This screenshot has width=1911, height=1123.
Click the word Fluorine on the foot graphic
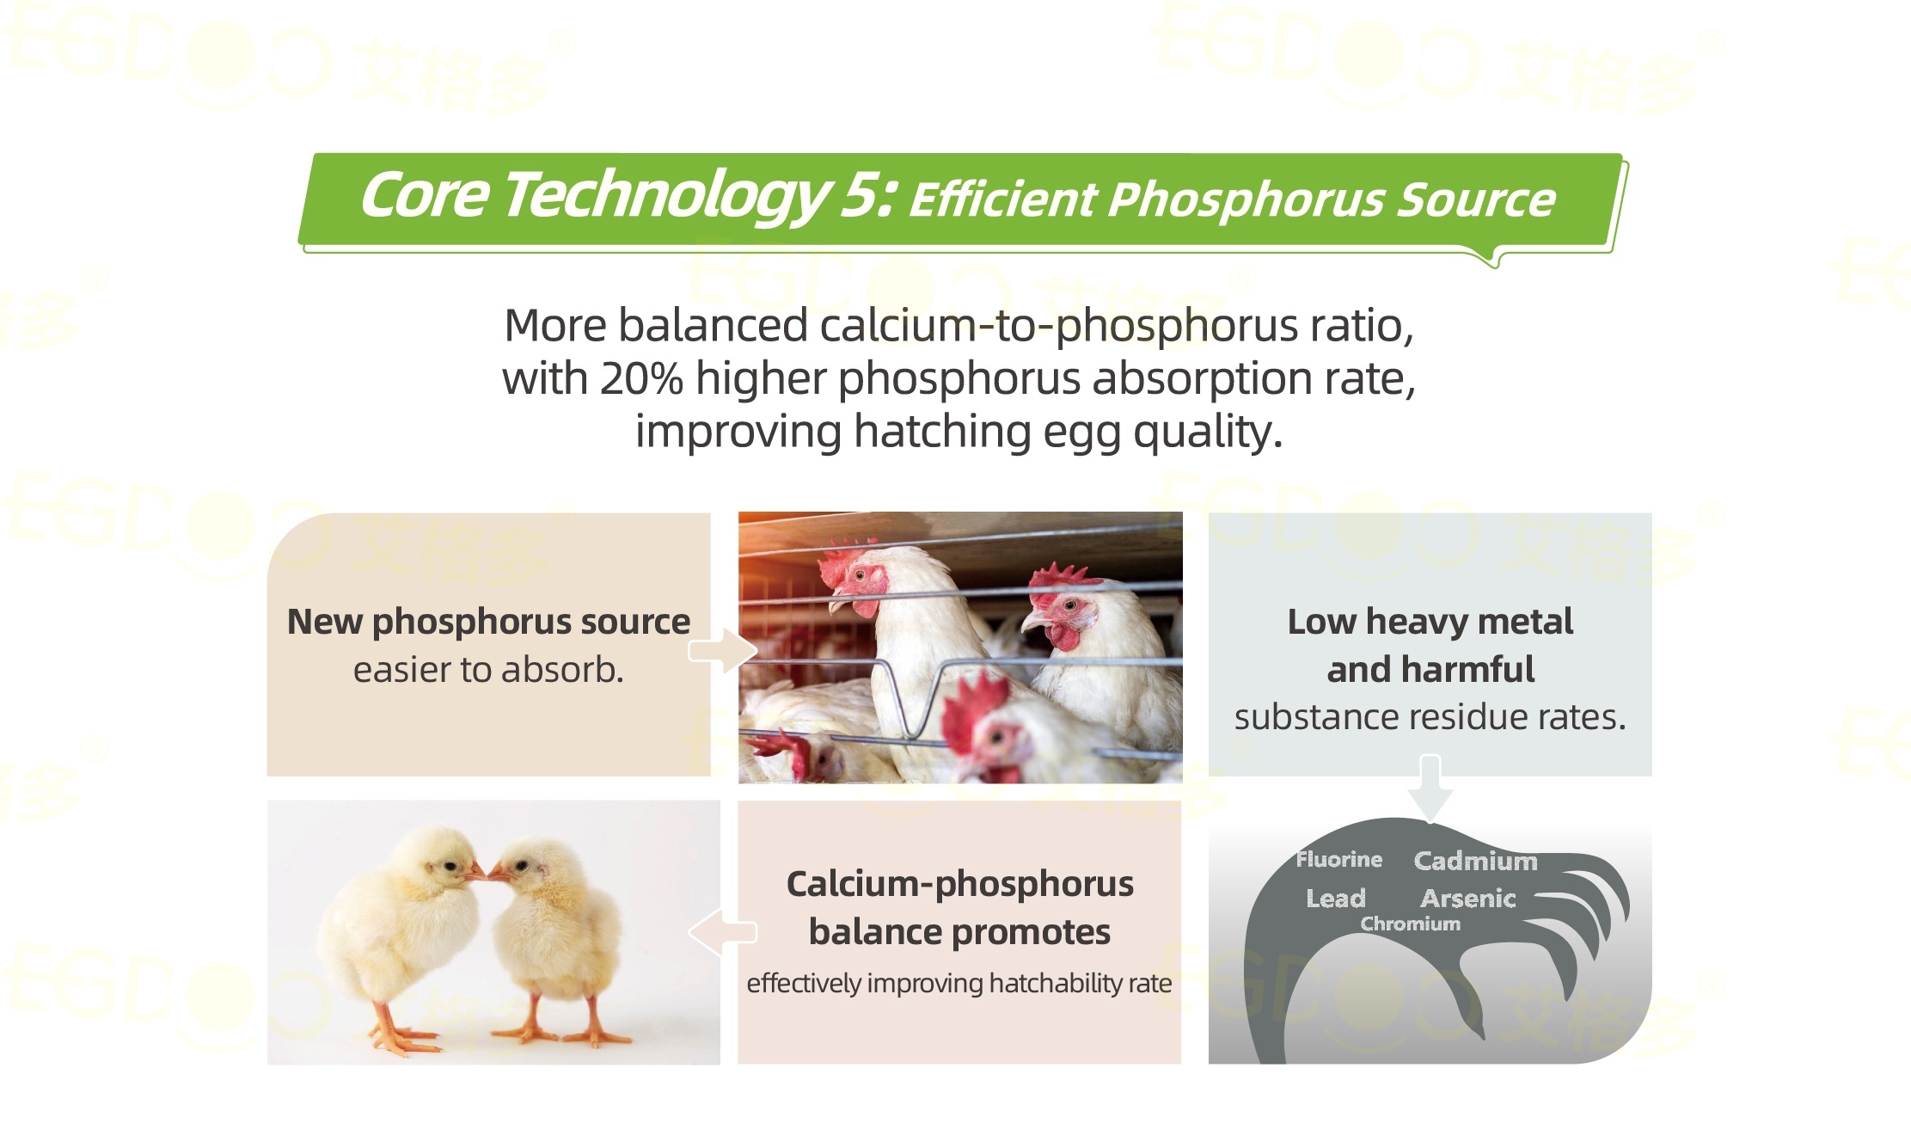[1338, 859]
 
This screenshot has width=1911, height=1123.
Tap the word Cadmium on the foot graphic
[1475, 861]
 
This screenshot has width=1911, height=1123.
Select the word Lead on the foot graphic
[1335, 899]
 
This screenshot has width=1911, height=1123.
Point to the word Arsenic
[1467, 899]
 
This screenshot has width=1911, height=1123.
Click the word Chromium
[1410, 924]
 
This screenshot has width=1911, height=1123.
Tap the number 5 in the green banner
[861, 195]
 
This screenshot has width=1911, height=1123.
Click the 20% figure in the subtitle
[641, 378]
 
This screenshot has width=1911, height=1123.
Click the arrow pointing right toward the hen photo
[722, 651]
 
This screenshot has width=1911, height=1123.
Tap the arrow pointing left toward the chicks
[722, 932]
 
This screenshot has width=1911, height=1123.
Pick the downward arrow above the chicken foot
[1430, 788]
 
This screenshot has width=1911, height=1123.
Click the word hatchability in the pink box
[1057, 983]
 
